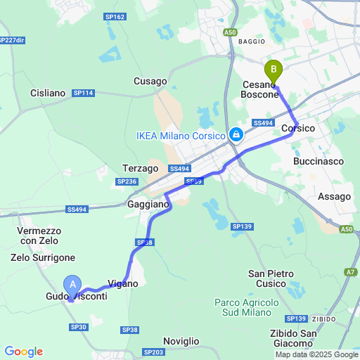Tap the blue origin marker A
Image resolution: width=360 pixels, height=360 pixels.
[72, 284]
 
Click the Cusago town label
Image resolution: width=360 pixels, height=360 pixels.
[150, 82]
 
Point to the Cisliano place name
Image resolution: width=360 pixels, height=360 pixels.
[48, 93]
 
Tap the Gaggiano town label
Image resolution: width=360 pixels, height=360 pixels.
[148, 204]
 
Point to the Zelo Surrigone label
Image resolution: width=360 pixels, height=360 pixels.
[43, 258]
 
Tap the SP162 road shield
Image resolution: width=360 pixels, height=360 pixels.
[114, 16]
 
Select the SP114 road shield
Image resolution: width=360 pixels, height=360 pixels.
[83, 93]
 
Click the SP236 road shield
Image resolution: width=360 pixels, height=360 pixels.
[127, 182]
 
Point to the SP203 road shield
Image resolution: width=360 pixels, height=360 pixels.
[153, 352]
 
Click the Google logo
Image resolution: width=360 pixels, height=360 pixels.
[23, 352]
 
